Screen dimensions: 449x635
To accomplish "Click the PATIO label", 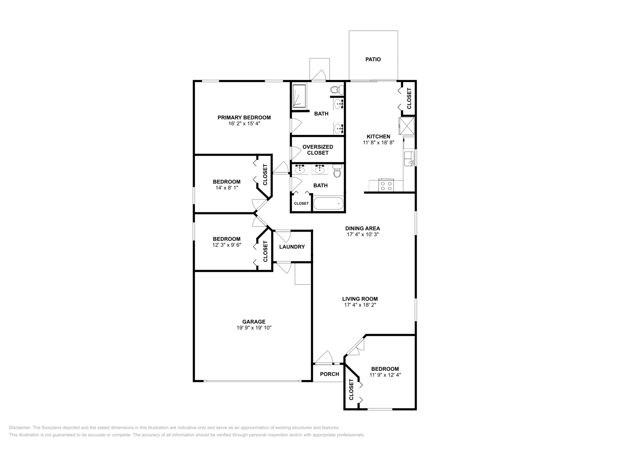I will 373,59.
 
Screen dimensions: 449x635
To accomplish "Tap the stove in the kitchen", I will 386,185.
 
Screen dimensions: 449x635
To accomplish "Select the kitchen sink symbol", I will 409,158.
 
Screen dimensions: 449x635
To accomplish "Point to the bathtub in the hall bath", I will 328,203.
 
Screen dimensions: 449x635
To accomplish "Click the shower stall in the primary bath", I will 299,96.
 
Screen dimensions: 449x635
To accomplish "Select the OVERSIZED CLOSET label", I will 317,150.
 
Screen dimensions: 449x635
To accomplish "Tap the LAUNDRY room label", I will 292,247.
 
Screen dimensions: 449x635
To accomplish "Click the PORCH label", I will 329,374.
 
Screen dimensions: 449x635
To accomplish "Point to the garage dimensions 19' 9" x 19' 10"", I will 254,328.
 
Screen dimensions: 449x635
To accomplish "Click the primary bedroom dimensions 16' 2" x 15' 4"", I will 244,123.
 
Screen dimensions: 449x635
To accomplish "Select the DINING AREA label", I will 362,228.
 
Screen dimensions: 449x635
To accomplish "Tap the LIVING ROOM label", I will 360,299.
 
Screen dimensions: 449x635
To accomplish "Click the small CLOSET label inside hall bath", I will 301,203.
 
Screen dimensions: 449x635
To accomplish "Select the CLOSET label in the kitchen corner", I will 409,98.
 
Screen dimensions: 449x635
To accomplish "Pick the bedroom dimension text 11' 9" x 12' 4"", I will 385,375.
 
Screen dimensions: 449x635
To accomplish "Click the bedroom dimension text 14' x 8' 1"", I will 227,188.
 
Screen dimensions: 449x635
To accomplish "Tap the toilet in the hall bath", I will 337,172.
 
